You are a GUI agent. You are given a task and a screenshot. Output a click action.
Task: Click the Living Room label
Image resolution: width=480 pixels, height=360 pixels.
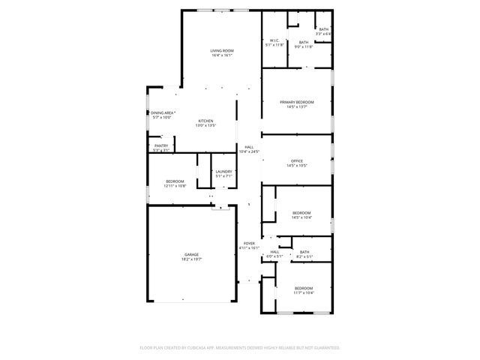click(221, 50)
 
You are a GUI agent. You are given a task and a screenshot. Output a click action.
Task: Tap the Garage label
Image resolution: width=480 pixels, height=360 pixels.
click(191, 254)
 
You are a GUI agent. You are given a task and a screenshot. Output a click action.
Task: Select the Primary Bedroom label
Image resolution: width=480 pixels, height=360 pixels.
click(297, 102)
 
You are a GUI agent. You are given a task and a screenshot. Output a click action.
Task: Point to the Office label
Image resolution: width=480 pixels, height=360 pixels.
click(297, 161)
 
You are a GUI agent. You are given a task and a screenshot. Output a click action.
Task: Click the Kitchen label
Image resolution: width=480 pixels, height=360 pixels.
click(205, 121)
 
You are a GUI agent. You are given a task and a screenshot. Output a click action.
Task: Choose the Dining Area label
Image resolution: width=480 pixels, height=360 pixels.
click(162, 112)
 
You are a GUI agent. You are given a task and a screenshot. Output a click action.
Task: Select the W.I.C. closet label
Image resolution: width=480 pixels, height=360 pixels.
click(274, 40)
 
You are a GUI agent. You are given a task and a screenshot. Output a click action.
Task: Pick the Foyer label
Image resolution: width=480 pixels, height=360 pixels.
click(248, 243)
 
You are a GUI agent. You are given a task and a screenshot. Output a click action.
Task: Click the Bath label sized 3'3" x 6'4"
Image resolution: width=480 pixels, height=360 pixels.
click(323, 29)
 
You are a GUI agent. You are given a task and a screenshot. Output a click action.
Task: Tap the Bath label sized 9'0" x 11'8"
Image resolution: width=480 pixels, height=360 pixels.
click(304, 43)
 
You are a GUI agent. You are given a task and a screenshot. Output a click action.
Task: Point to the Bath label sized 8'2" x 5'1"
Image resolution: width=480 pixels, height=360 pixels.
click(304, 252)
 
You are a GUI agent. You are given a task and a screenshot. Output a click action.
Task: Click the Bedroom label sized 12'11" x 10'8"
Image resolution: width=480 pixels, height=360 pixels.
click(175, 181)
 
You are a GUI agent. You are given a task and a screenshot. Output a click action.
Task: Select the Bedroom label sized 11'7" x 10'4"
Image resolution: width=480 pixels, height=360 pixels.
click(304, 289)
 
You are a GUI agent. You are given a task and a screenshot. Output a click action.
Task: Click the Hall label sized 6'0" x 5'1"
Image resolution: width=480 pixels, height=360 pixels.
click(274, 252)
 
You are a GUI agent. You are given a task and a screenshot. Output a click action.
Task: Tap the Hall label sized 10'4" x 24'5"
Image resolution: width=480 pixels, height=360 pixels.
click(249, 147)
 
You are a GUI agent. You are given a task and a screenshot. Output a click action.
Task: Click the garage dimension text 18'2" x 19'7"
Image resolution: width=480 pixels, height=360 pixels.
click(191, 259)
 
